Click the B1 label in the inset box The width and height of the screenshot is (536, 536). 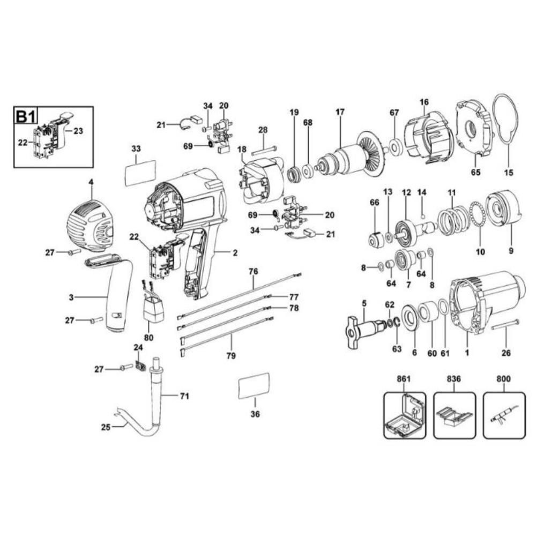pyautogui.click(x=28, y=117)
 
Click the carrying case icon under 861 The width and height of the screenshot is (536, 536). pyautogui.click(x=405, y=415)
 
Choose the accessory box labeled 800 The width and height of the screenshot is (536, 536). pyautogui.click(x=504, y=415)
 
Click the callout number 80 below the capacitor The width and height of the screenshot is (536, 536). pyautogui.click(x=148, y=338)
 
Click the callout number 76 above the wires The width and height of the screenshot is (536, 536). pyautogui.click(x=253, y=272)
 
